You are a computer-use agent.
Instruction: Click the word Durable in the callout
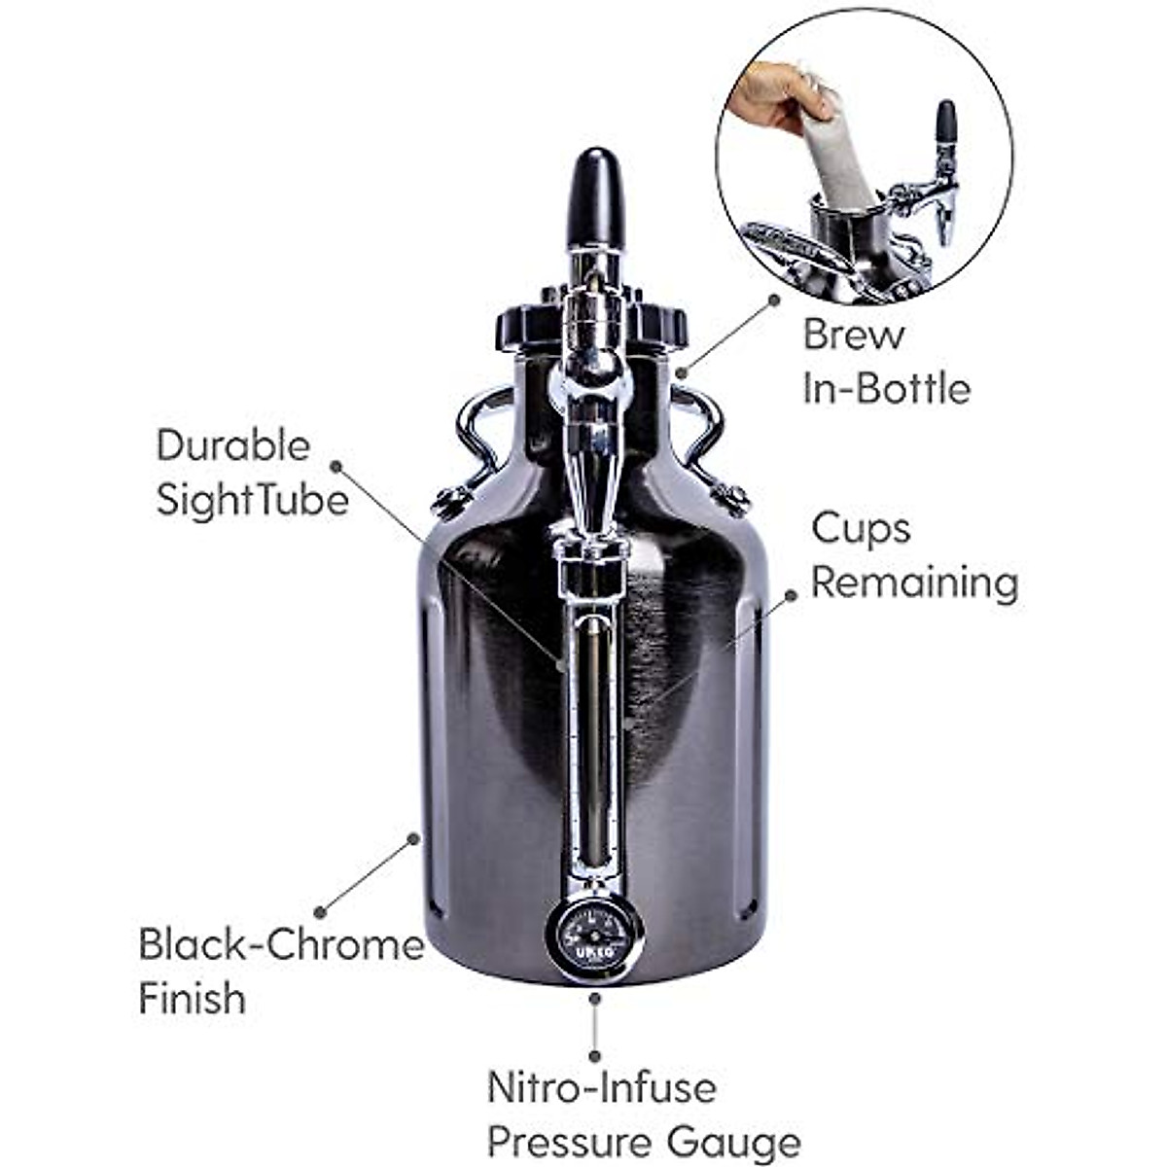point(232,445)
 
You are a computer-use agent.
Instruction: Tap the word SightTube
point(252,500)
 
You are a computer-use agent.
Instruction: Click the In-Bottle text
point(886,389)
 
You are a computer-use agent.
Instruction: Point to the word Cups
point(861,529)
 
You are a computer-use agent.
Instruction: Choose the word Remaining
point(914,583)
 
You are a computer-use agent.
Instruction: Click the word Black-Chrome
point(281,945)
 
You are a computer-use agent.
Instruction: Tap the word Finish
point(192,999)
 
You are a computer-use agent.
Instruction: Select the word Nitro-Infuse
point(601,1087)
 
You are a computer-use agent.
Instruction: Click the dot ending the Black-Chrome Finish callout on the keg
point(414,837)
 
